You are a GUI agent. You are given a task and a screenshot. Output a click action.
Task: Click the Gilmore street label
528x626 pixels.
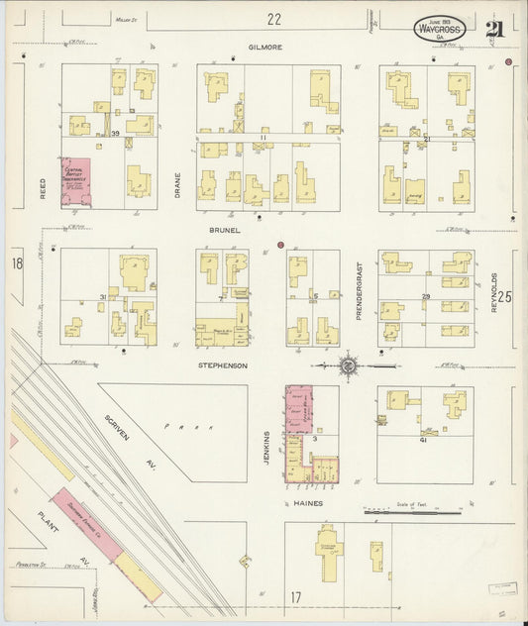tap(265, 47)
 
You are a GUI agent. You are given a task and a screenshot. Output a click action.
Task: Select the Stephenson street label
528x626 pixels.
tap(221, 365)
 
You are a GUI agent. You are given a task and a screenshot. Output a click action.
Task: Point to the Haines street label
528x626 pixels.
tap(309, 503)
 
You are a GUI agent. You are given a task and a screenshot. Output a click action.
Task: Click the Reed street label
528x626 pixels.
tap(43, 188)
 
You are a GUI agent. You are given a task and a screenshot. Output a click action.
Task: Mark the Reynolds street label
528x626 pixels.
tap(492, 292)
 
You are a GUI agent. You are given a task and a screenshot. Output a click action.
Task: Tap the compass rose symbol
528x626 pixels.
tap(349, 365)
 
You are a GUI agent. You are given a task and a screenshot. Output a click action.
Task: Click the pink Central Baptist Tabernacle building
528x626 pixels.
tap(75, 181)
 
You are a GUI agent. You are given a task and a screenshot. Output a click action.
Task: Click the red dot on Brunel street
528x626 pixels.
tap(280, 244)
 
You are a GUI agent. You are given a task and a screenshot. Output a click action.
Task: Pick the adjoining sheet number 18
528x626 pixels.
tap(17, 263)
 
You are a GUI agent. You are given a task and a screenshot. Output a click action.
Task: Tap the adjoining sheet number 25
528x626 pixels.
tap(505, 295)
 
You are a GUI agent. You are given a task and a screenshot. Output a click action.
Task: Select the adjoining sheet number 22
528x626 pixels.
tap(273, 18)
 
